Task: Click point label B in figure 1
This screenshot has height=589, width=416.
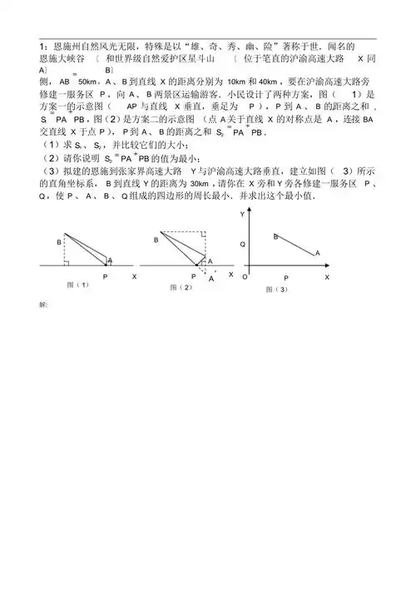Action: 59,241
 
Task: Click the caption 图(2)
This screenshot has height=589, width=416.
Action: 181,287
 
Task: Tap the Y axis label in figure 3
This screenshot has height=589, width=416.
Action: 240,215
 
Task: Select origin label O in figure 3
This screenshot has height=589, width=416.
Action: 244,276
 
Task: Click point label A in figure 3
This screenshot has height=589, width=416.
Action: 316,252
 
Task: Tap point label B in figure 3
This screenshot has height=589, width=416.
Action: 275,237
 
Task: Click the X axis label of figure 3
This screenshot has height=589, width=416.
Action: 327,276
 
